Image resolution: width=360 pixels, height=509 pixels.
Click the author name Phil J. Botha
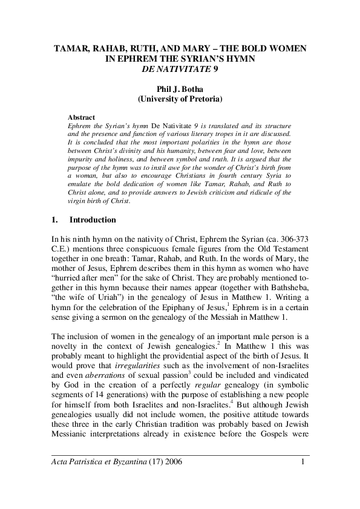point(179,88)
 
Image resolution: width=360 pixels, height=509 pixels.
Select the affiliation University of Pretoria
point(180,98)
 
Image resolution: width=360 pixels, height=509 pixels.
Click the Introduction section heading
point(93,220)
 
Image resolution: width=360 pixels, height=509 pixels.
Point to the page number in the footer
point(302,463)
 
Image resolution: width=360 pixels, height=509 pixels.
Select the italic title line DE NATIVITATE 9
point(179,68)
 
